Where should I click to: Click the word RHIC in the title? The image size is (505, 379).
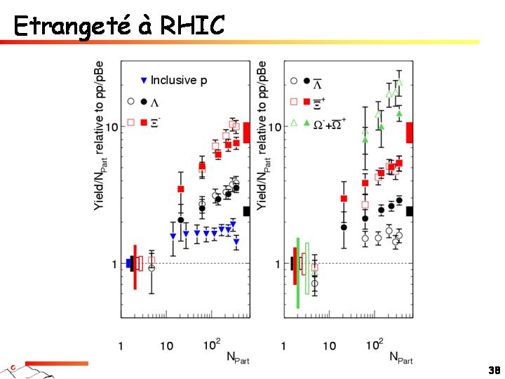[192, 26]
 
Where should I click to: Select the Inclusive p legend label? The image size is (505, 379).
[179, 81]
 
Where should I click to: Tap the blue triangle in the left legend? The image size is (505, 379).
[144, 81]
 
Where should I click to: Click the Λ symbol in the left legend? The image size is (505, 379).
[155, 102]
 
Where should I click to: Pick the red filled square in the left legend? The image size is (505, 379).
[144, 123]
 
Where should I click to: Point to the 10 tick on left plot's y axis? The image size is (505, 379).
[111, 126]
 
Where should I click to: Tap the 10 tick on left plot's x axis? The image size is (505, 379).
[166, 346]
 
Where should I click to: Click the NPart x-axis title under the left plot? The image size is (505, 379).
[238, 357]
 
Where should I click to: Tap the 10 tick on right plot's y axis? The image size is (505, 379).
[274, 127]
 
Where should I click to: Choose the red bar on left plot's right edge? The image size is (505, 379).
[246, 132]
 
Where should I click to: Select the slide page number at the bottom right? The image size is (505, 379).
[494, 370]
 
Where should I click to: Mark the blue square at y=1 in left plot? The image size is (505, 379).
[128, 263]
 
